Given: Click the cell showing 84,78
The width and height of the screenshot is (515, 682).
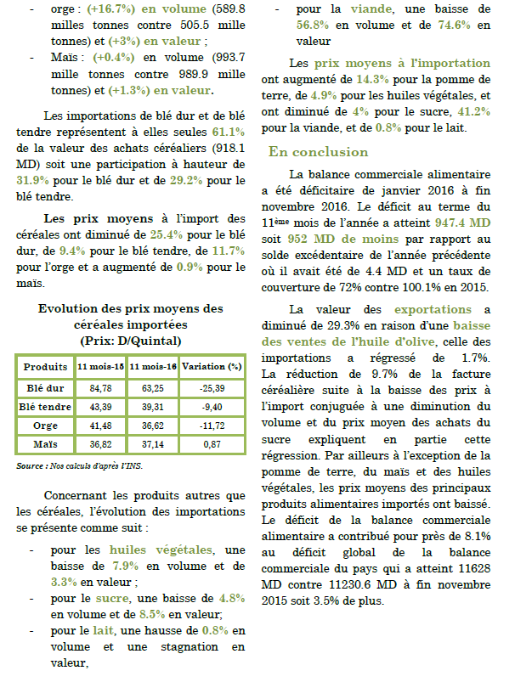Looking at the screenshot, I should (x=101, y=388).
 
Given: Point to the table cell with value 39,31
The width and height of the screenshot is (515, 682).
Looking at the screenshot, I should (x=153, y=407).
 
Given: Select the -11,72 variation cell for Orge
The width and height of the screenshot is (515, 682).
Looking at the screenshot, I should (x=212, y=425).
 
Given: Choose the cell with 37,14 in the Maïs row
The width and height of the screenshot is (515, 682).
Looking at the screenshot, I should (x=153, y=443).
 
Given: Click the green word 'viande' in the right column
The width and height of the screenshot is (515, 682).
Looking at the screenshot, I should (x=365, y=8).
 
